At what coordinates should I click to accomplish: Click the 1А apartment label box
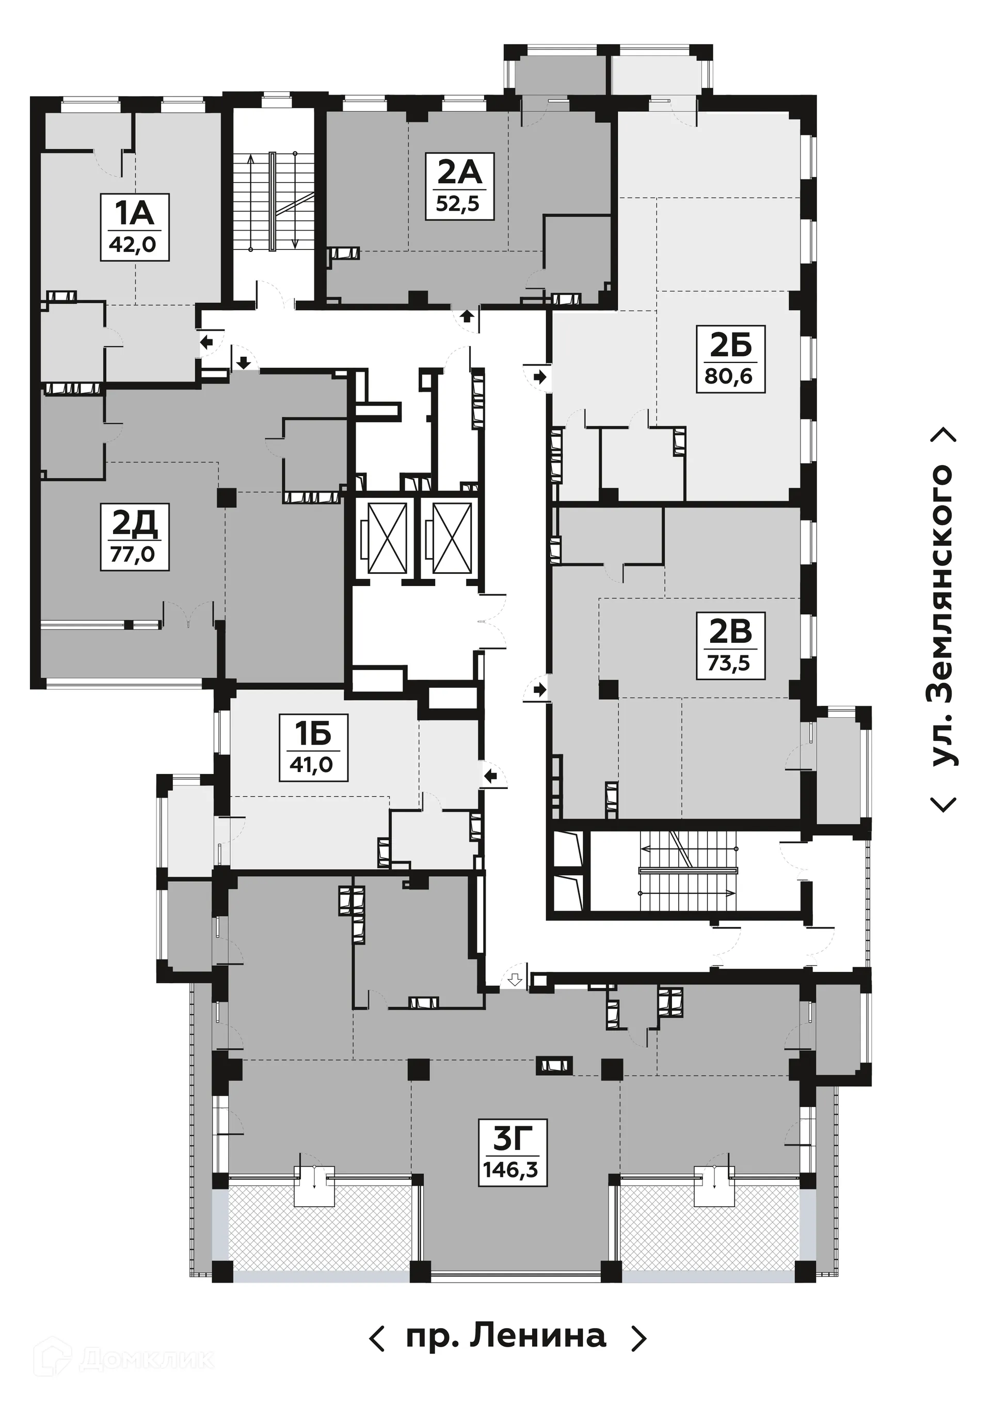(134, 227)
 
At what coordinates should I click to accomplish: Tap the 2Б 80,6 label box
(730, 359)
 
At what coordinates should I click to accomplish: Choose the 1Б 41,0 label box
(313, 747)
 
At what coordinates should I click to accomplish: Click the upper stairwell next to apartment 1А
(273, 202)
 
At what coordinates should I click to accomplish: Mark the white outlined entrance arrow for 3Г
(515, 981)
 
